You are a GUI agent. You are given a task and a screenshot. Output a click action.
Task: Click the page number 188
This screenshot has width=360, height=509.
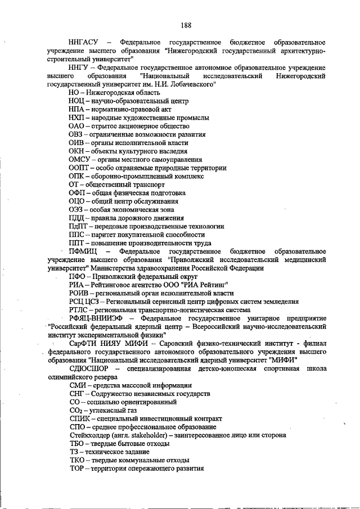pos(186,25)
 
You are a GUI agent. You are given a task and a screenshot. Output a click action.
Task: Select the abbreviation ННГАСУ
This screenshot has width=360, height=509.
pos(82,43)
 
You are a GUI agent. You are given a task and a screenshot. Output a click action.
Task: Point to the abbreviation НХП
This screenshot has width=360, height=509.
pos(77,118)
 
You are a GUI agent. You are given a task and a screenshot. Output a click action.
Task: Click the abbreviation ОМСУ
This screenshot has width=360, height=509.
pos(79,160)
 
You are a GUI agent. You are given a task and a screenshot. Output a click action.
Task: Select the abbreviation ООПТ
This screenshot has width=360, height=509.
pos(79,168)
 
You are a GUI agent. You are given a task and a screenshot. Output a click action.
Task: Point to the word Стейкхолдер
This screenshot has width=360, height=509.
pos(89,435)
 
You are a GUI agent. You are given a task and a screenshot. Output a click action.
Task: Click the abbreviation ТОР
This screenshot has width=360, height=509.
pos(76,469)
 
